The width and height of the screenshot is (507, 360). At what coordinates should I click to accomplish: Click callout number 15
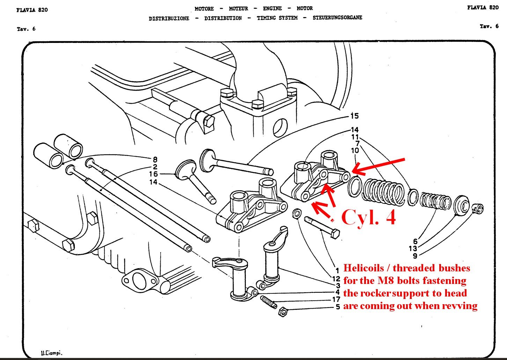(x=354, y=116)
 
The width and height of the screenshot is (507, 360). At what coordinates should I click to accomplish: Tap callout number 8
(x=155, y=160)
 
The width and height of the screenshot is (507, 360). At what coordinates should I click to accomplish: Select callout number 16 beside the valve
(x=153, y=174)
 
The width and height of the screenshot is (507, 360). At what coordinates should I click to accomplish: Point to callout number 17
(x=336, y=299)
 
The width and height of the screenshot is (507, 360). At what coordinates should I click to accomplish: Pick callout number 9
(x=415, y=256)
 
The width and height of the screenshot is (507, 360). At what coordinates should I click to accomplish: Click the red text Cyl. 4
(x=368, y=217)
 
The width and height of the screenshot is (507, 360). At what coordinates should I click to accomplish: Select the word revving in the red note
(x=460, y=306)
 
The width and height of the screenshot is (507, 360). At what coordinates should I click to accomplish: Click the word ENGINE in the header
(x=272, y=8)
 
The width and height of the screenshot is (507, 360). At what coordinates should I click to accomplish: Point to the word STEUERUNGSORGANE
(x=337, y=17)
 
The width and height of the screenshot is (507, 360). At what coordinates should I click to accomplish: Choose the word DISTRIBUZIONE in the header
(x=169, y=18)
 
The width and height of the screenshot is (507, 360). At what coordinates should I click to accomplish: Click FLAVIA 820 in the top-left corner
(x=32, y=10)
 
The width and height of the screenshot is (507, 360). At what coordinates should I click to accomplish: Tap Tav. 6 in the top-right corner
(x=489, y=26)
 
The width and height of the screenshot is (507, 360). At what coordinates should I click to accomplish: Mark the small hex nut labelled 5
(x=283, y=312)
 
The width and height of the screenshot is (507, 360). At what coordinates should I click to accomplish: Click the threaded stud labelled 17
(x=269, y=302)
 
